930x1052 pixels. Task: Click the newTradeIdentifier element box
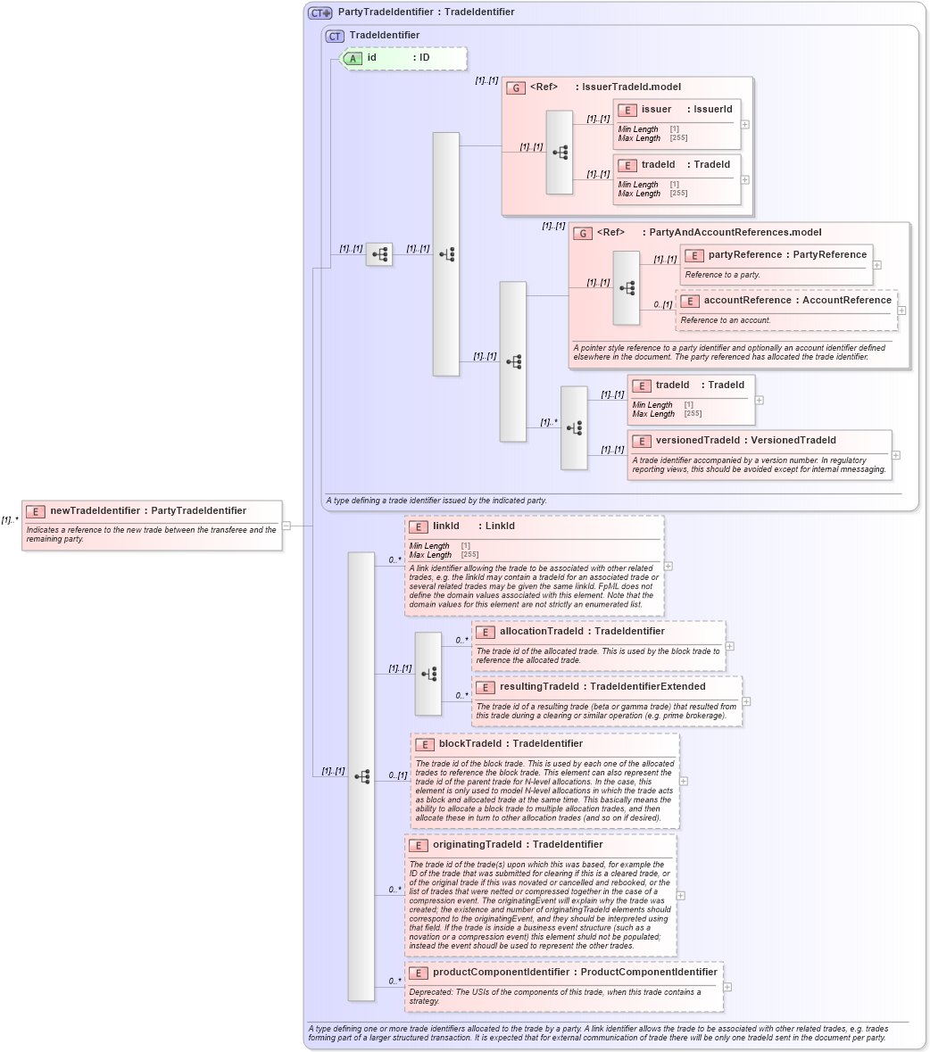[x=152, y=525]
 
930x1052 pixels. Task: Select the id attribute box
[x=403, y=58]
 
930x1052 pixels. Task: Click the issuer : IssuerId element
[x=677, y=123]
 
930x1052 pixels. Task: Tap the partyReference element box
[x=776, y=264]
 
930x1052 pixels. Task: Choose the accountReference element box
[x=786, y=310]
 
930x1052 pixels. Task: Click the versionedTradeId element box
[x=759, y=454]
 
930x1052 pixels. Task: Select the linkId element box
[x=535, y=565]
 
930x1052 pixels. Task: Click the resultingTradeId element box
[x=607, y=700]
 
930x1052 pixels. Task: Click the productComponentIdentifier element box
[x=564, y=986]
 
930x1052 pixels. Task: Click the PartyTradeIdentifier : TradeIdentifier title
[x=426, y=12]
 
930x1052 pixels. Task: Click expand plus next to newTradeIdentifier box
[x=286, y=526]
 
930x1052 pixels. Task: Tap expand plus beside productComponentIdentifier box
[x=727, y=987]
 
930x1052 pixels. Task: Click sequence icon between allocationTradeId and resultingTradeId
[x=428, y=674]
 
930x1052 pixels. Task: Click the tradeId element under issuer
[x=677, y=178]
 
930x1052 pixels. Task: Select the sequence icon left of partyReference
[x=627, y=287]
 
